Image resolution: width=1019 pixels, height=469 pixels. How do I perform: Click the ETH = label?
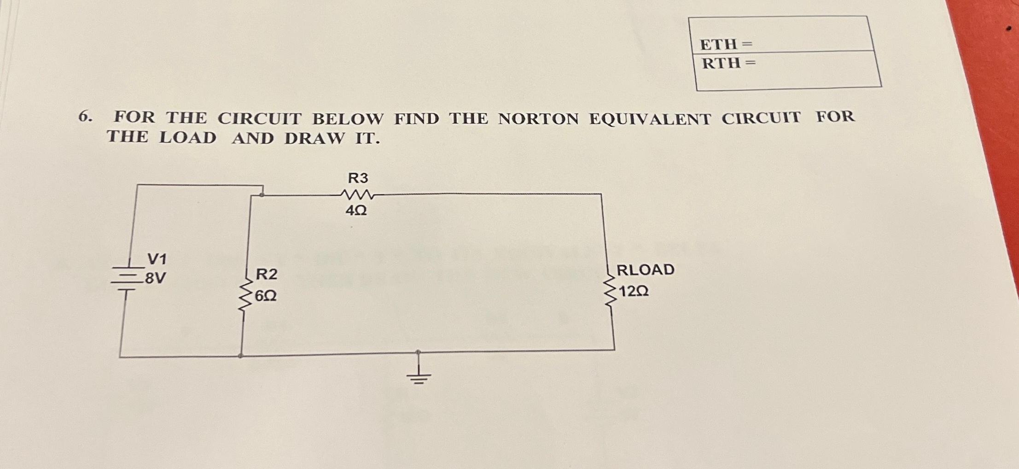[x=726, y=44]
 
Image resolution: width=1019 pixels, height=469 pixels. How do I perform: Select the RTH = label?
[x=728, y=63]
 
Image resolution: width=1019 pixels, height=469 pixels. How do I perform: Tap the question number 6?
[x=84, y=117]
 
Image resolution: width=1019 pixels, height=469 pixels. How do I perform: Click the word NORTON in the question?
[x=538, y=119]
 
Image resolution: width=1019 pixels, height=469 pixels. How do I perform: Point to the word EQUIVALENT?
[x=650, y=119]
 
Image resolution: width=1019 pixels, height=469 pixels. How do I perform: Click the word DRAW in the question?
[x=314, y=138]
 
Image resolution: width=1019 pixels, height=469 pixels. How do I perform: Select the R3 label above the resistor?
[x=358, y=178]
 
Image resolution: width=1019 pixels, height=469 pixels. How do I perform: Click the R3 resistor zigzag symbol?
[x=357, y=195]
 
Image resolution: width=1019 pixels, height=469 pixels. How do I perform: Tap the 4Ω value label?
[x=356, y=211]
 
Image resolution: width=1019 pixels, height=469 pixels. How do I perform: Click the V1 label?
[x=157, y=259]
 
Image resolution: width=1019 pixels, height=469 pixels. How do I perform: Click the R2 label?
[x=267, y=274]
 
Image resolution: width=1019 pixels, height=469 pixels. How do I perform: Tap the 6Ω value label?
[x=266, y=295]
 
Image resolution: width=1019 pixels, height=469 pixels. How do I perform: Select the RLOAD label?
[x=645, y=270]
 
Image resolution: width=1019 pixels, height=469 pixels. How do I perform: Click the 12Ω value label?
[x=634, y=291]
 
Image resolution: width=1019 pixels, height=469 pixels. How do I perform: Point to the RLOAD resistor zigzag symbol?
[x=610, y=291]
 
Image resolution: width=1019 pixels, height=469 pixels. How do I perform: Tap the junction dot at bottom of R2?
[x=240, y=356]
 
